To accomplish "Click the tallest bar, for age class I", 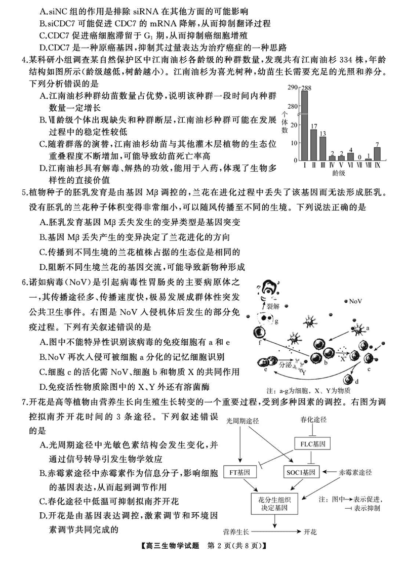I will click(x=305, y=126).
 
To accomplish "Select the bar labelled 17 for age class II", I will click(x=314, y=145).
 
